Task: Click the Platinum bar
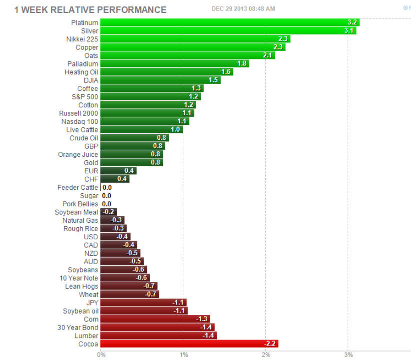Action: [x=230, y=22]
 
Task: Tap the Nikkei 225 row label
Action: [x=82, y=39]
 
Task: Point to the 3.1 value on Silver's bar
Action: [x=349, y=31]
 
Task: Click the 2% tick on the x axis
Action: [x=266, y=354]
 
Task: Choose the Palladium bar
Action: [x=174, y=64]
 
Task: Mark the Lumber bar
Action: [x=158, y=336]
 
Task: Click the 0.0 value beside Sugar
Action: [x=106, y=196]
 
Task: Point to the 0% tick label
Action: [x=101, y=354]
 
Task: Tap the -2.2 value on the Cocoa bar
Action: [x=270, y=344]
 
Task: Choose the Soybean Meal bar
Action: [x=108, y=212]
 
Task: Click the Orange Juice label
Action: [x=78, y=154]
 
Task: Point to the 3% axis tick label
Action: [x=348, y=354]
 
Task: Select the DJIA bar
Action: [x=160, y=80]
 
